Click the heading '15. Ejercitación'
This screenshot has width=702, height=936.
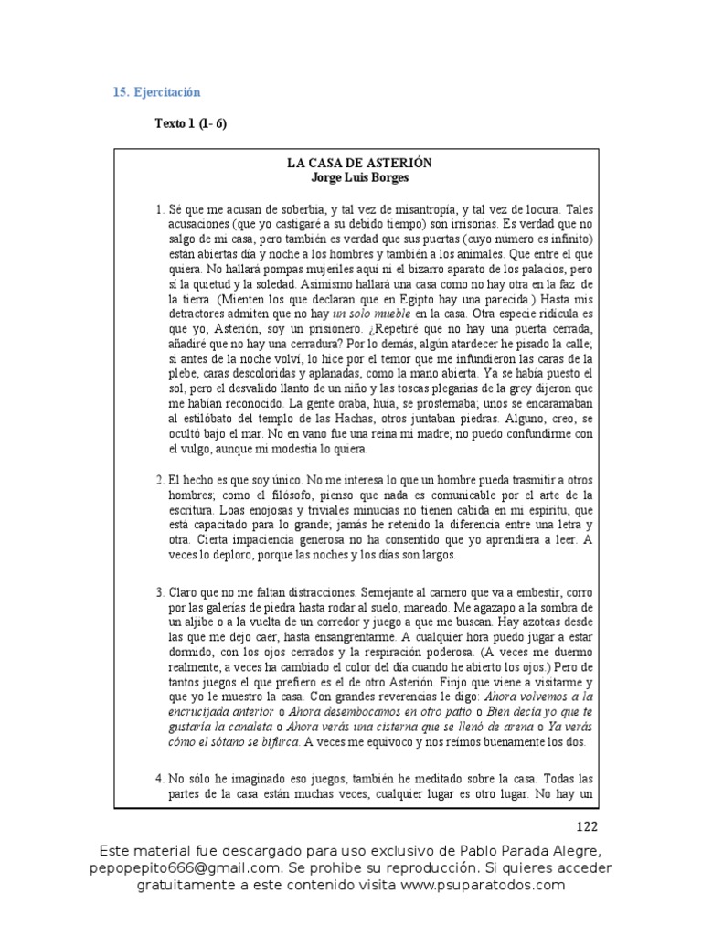pyautogui.click(x=156, y=93)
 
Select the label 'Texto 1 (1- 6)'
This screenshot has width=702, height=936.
pyautogui.click(x=190, y=124)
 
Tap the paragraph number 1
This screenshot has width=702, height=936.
pyautogui.click(x=159, y=210)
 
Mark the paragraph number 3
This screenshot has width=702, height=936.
pyautogui.click(x=159, y=592)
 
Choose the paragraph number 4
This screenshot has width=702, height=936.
pyautogui.click(x=159, y=779)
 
